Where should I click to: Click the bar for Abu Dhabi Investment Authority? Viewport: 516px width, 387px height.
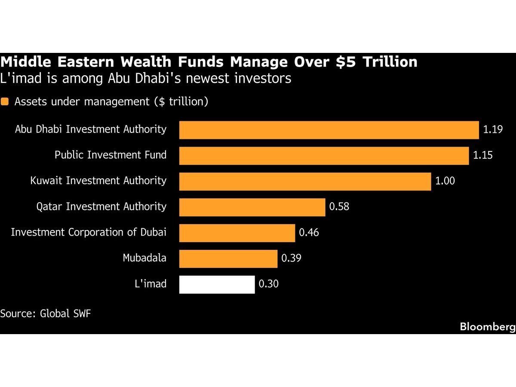click(x=329, y=130)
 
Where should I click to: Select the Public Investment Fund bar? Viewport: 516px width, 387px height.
click(x=324, y=156)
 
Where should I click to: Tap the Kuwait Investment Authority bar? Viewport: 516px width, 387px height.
click(x=305, y=181)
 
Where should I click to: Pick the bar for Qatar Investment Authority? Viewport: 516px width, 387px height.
click(x=252, y=207)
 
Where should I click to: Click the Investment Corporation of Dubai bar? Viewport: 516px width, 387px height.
click(x=237, y=233)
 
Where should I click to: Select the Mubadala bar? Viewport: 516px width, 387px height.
click(x=228, y=259)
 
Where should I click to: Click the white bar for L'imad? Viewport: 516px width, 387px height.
click(x=217, y=284)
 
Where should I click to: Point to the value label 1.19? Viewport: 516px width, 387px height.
click(x=493, y=129)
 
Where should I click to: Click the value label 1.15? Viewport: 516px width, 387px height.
click(x=482, y=155)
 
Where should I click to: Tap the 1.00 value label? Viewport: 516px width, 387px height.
click(x=445, y=181)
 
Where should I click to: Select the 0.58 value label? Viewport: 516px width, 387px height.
click(x=339, y=206)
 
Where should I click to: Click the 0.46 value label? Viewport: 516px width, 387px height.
click(x=309, y=232)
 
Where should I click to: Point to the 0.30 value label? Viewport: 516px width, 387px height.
click(x=268, y=284)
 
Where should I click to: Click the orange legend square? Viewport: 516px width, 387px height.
click(x=4, y=101)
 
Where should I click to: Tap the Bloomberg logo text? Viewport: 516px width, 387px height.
click(x=488, y=327)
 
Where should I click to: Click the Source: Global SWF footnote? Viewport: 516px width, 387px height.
click(x=46, y=313)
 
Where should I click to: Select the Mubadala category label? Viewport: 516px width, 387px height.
click(x=144, y=258)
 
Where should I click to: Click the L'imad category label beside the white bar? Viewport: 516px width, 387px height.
click(x=150, y=284)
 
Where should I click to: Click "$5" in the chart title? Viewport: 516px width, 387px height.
click(x=346, y=62)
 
